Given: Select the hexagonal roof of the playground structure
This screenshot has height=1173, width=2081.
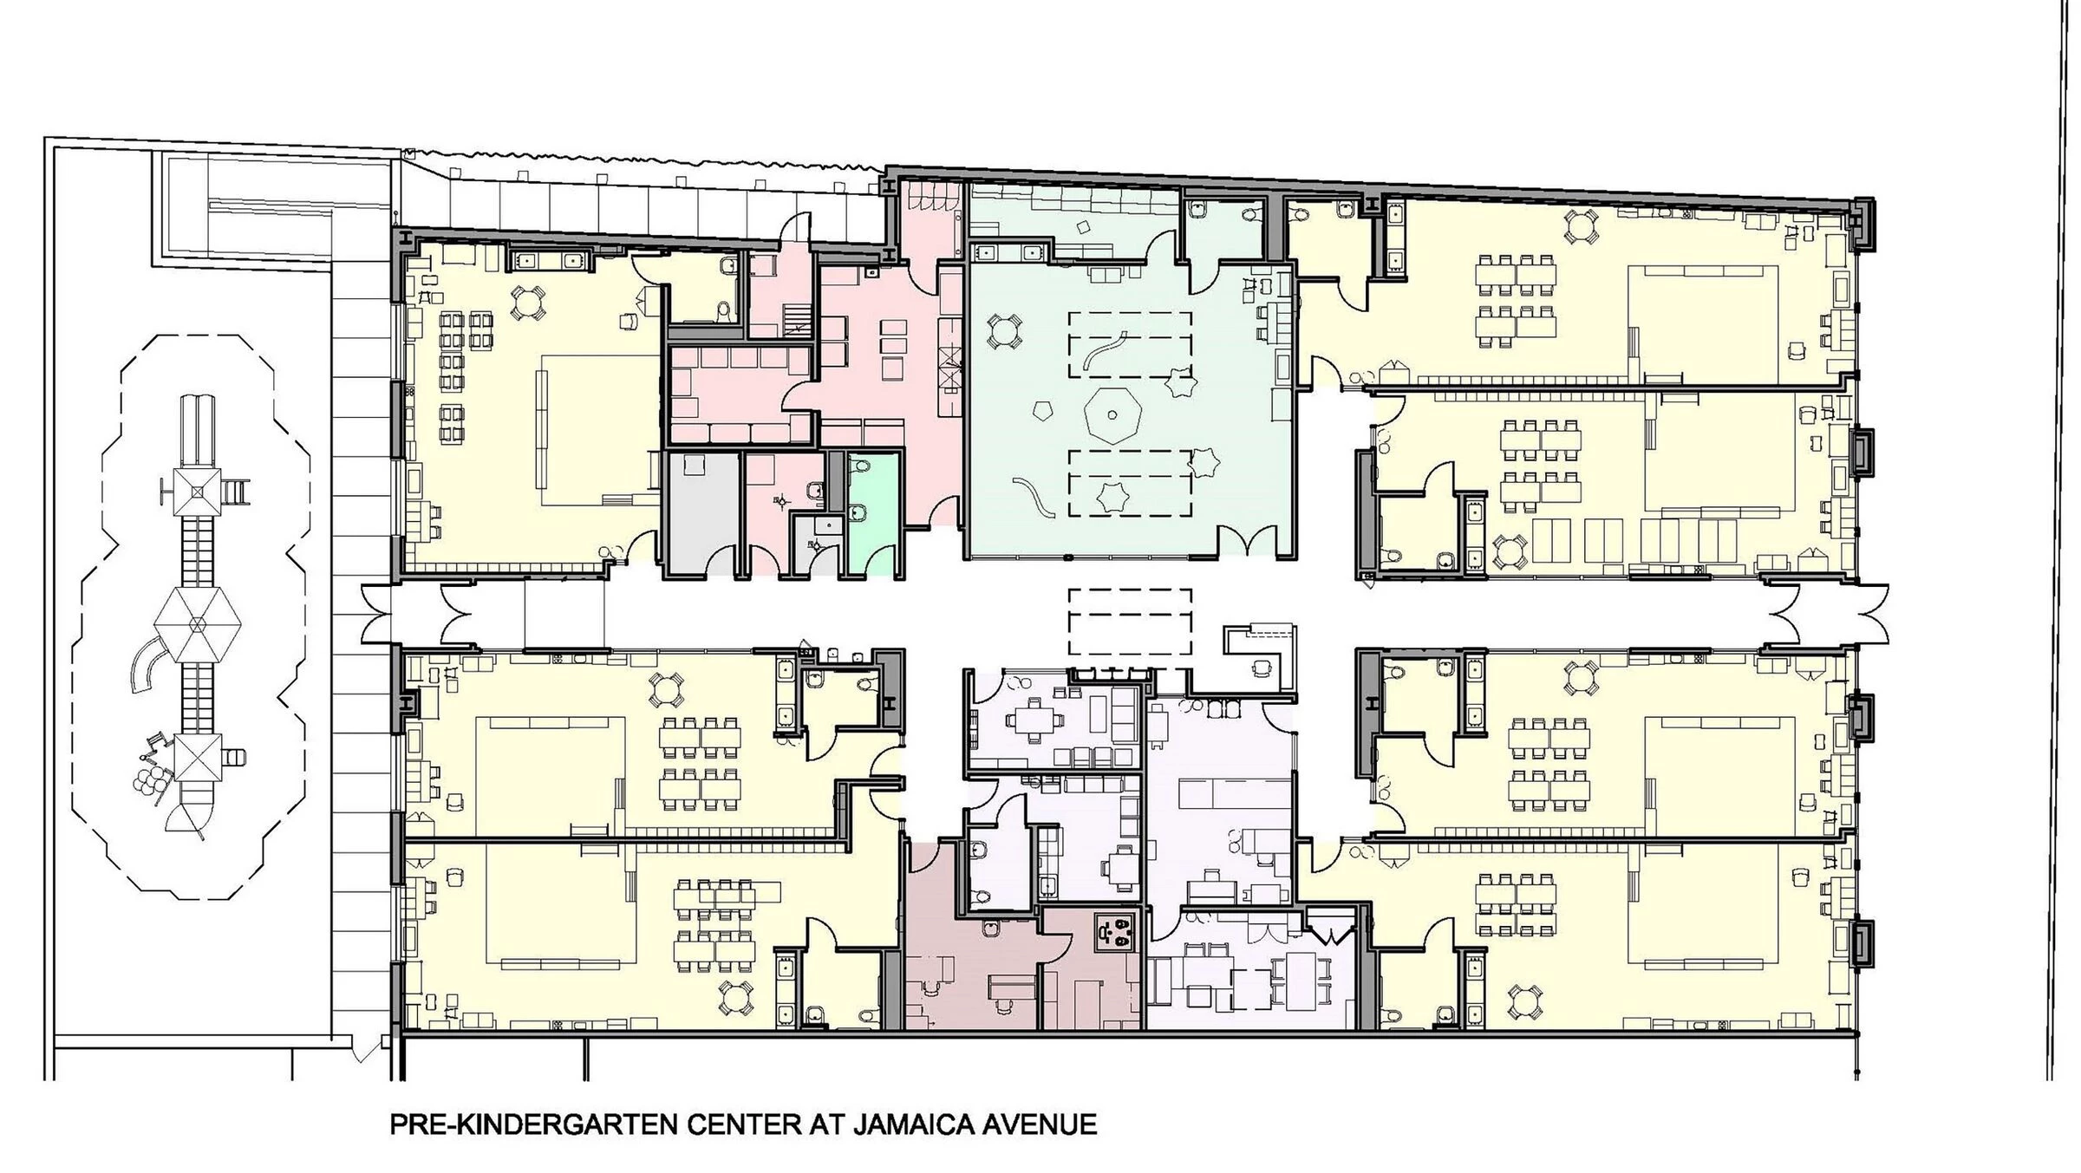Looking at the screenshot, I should coord(197,623).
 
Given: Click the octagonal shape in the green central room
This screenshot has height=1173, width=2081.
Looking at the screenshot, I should coord(1112,416).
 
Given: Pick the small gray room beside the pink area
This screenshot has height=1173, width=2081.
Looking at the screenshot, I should coord(701,512).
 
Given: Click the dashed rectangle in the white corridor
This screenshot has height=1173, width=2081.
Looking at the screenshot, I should coord(1130,621).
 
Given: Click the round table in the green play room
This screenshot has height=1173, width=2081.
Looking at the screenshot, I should coord(1004,331).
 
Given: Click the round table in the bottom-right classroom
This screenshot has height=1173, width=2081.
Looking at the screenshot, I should coord(1524,1002).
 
